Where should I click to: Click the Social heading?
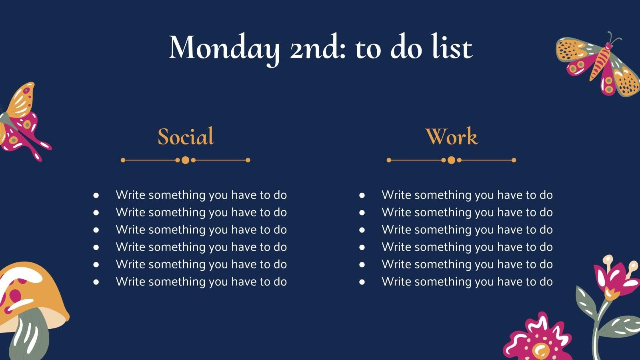click(186, 136)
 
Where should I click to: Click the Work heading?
click(452, 136)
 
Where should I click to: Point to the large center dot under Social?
click(186, 160)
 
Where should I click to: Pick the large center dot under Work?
click(452, 160)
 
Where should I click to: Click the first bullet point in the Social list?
click(96, 195)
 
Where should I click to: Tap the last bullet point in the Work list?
click(362, 282)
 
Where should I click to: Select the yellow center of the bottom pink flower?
click(540, 350)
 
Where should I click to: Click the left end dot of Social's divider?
click(123, 160)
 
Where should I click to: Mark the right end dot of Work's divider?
click(514, 160)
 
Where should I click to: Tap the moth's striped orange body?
click(600, 63)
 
